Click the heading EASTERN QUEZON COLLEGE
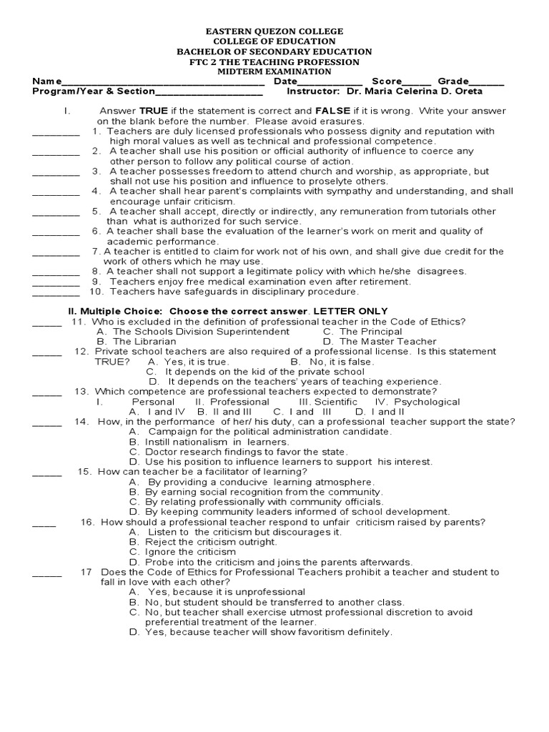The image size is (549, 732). (x=274, y=31)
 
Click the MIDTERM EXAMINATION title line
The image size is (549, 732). (x=274, y=71)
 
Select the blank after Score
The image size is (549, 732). (x=417, y=82)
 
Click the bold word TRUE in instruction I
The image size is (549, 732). (x=153, y=112)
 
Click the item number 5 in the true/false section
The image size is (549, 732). (x=94, y=212)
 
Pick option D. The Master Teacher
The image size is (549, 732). (x=379, y=342)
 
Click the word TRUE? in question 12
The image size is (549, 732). (x=113, y=362)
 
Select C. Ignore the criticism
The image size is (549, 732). (x=182, y=552)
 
